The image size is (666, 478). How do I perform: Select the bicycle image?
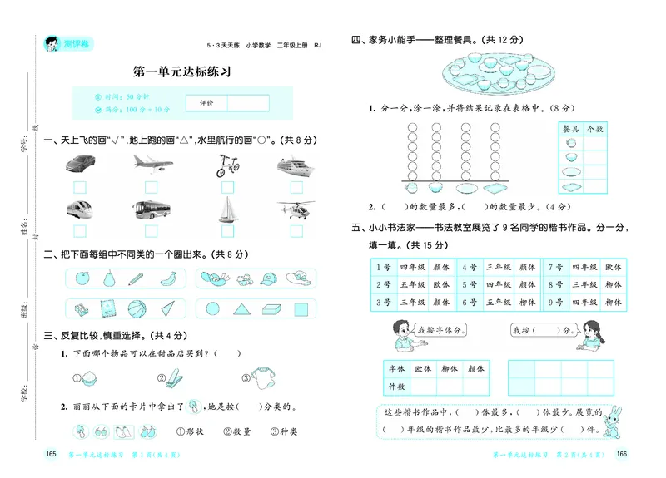(224, 165)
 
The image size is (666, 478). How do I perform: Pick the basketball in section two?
(137, 310)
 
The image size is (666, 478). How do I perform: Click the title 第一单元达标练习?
(181, 73)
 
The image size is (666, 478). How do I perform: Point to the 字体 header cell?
(396, 367)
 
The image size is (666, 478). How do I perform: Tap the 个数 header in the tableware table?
(595, 129)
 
